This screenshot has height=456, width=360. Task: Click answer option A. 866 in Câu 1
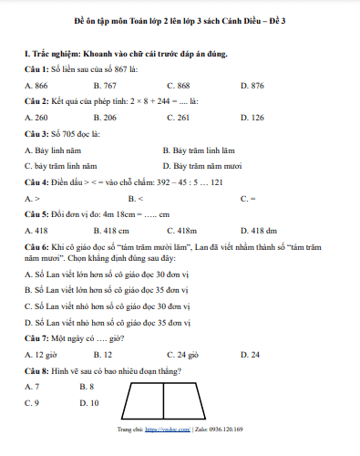tap(37, 85)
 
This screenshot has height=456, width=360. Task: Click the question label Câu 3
tap(36, 134)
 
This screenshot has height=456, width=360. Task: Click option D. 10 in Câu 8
tap(89, 402)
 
